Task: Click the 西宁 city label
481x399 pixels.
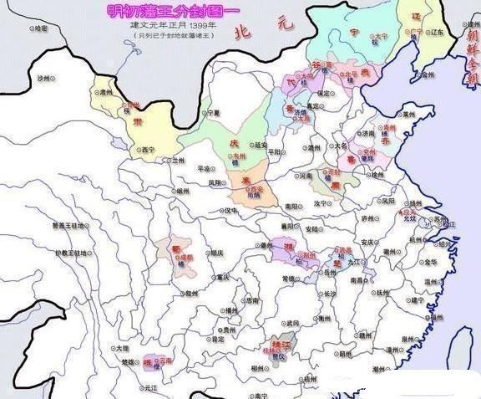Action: point(149,151)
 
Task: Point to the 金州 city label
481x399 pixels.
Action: point(428,74)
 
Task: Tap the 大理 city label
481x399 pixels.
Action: point(123,348)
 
